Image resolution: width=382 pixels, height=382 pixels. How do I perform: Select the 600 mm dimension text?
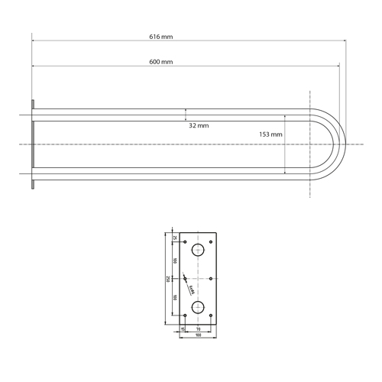coord(160,60)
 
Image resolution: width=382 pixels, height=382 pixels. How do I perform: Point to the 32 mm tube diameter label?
coord(199,125)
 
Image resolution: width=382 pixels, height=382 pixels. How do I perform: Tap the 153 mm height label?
coord(270,134)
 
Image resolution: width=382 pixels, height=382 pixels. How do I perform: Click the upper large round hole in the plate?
coord(199,250)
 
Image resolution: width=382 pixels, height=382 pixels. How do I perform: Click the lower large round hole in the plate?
coord(199,307)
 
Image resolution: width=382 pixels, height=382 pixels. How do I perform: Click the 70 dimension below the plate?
coord(199,329)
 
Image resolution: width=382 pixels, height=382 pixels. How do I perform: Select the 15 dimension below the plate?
coord(182,329)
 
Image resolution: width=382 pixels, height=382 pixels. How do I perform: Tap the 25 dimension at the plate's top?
coord(174,237)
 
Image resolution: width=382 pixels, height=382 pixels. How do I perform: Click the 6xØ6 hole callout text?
coord(192,290)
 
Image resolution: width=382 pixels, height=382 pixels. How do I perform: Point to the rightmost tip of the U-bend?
coord(346,144)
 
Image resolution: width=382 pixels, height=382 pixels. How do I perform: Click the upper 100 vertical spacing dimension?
coord(174,261)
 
